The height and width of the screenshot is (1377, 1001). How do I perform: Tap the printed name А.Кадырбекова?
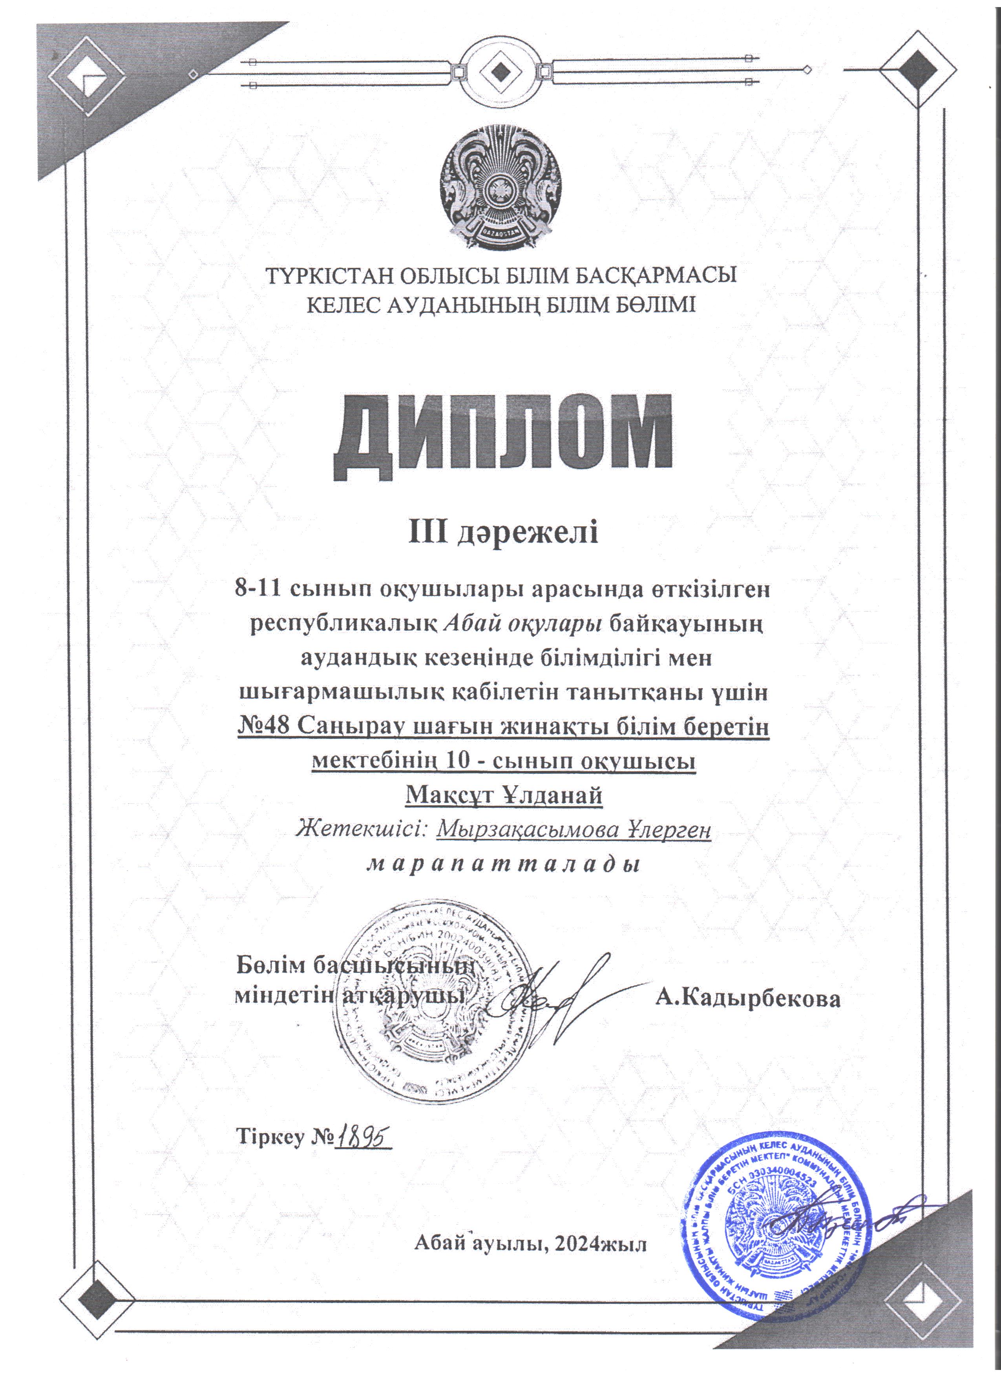tap(747, 999)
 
